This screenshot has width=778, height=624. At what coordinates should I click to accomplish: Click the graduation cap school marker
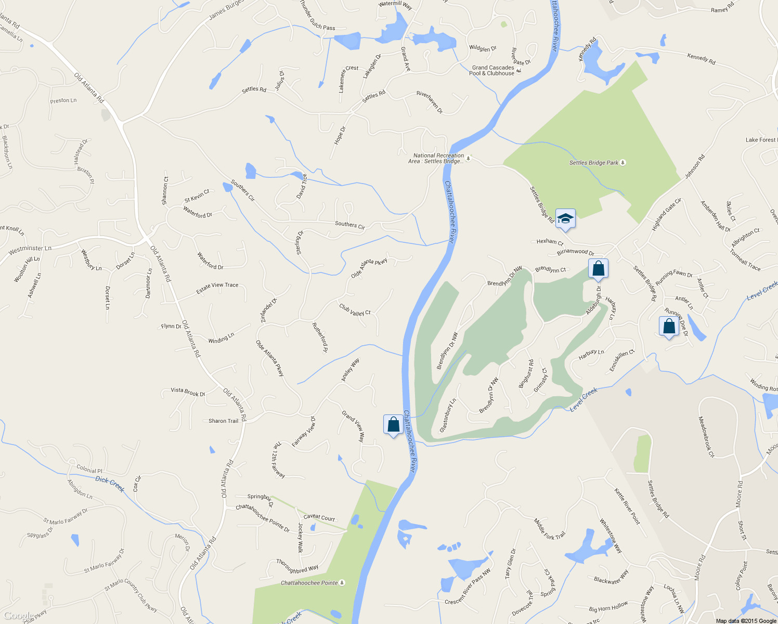point(565,219)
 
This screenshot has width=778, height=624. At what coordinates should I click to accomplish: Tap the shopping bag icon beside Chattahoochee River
point(393,424)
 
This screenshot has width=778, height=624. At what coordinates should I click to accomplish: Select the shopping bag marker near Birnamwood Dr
point(598,269)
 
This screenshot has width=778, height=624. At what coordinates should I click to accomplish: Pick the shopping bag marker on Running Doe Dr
point(669,326)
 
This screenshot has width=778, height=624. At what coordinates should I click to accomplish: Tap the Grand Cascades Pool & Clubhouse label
point(493,71)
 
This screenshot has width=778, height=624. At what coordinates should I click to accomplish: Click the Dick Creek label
point(110,484)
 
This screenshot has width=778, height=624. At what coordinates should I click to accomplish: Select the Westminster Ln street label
point(30,250)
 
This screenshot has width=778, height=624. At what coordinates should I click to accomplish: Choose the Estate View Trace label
point(217,288)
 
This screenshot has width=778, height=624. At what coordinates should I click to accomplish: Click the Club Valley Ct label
point(355,310)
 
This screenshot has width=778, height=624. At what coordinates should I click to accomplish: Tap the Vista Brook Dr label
point(188,392)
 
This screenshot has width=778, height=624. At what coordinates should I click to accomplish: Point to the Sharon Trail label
point(223,421)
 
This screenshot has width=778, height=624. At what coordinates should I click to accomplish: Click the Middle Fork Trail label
point(549,528)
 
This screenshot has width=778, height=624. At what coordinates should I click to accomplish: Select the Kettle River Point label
point(627,506)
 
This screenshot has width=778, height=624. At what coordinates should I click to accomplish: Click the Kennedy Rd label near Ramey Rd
point(701,59)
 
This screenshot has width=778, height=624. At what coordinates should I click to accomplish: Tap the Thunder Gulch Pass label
point(318,15)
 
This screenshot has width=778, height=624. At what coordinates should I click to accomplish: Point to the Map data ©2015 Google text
point(746,620)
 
